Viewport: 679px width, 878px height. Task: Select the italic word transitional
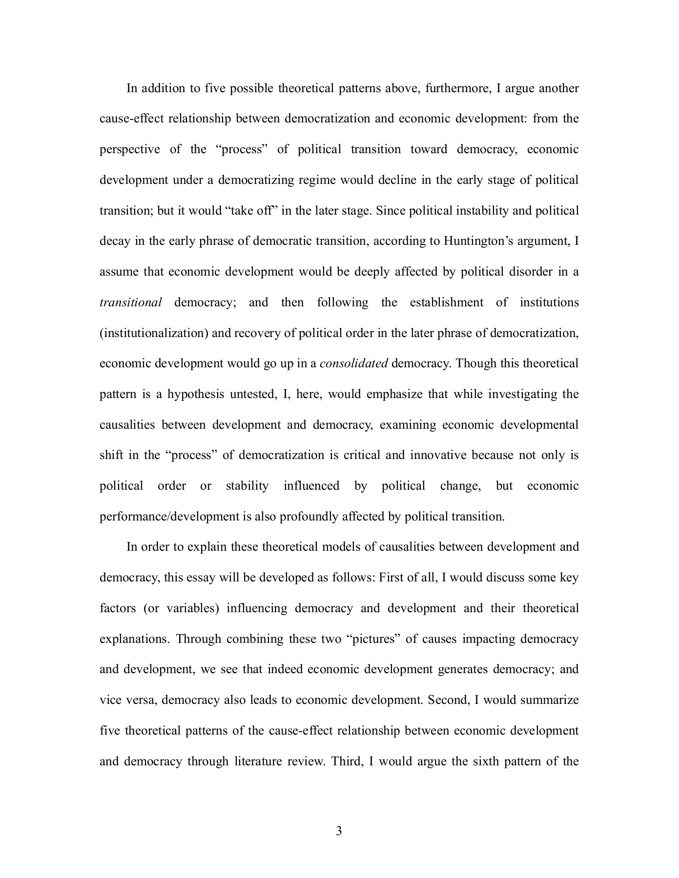[130, 302]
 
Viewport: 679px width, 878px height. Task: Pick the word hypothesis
[195, 394]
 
